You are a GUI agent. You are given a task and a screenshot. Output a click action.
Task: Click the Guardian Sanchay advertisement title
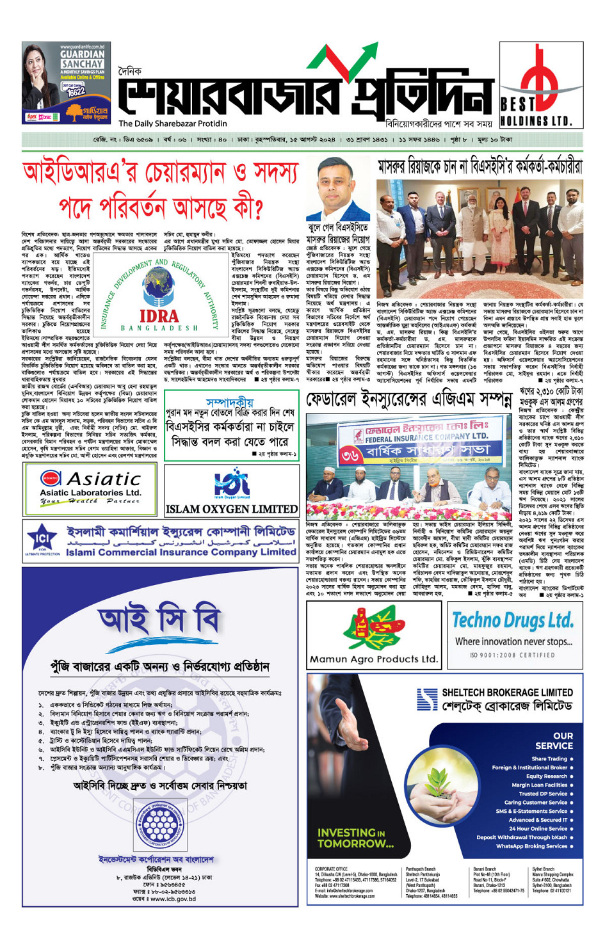click(x=82, y=60)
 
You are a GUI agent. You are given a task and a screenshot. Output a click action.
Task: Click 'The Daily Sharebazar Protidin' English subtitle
click(x=172, y=124)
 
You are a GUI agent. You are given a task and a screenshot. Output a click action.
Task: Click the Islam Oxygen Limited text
click(x=231, y=509)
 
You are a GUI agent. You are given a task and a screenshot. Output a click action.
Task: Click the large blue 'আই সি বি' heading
click(x=159, y=619)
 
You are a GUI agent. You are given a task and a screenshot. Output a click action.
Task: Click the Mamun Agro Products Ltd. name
click(x=373, y=659)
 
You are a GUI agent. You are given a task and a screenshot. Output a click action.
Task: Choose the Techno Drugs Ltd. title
click(x=512, y=620)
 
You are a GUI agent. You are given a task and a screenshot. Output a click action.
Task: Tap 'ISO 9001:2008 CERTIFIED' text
click(x=512, y=655)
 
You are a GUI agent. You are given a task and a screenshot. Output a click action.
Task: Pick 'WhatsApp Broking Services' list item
click(x=531, y=846)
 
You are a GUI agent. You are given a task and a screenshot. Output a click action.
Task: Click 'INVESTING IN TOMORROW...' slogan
click(x=355, y=838)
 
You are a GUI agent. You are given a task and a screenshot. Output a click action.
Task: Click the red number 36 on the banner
click(x=351, y=455)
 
